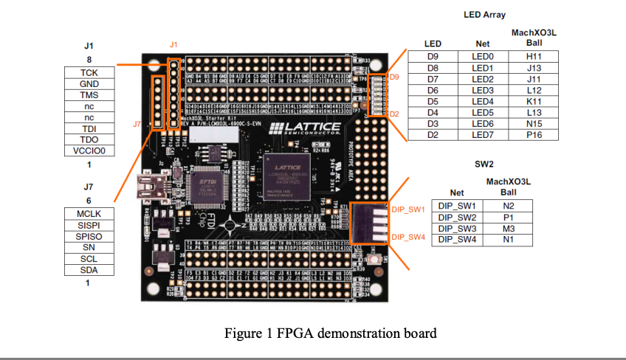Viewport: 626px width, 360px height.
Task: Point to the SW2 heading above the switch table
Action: coord(484,162)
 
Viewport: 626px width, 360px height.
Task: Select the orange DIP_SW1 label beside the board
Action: coord(407,210)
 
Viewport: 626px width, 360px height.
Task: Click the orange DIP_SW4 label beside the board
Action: coord(407,237)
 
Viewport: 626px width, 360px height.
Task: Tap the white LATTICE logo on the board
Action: coord(306,129)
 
